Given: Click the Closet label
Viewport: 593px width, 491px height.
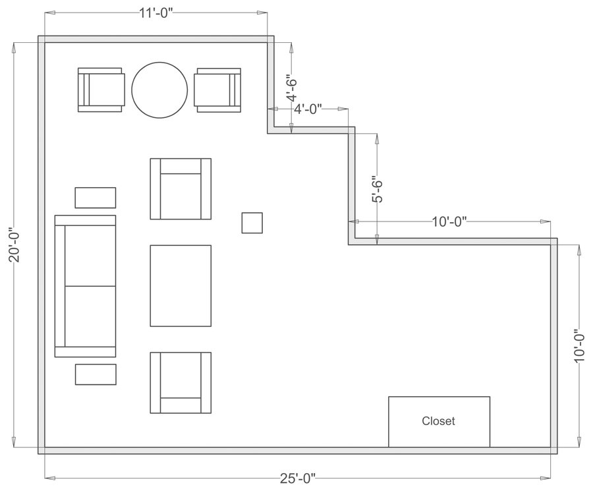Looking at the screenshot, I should tap(438, 420).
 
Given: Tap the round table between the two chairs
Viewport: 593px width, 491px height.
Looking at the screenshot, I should tap(159, 90).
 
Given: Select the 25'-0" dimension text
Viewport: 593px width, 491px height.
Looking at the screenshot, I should tap(296, 478).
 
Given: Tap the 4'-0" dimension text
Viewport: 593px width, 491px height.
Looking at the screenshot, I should tap(308, 109).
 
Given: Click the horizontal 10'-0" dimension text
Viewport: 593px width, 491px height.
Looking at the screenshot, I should tap(449, 221).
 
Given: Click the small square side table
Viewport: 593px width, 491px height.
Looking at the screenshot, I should tap(252, 222).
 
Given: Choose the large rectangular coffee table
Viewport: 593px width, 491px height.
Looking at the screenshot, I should tap(181, 285).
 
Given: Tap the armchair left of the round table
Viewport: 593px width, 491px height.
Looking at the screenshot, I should tap(101, 90).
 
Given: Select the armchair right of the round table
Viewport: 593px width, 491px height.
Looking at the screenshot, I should tap(217, 90).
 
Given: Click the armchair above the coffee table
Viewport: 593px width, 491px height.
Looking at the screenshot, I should tap(181, 189).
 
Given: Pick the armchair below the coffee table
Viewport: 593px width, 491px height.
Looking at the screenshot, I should tap(181, 382).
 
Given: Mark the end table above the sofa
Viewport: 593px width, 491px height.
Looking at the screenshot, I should tap(96, 198).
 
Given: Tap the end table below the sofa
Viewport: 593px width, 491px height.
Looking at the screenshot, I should tap(96, 374).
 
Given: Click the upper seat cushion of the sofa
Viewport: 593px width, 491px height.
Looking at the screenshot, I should tap(89, 256).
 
